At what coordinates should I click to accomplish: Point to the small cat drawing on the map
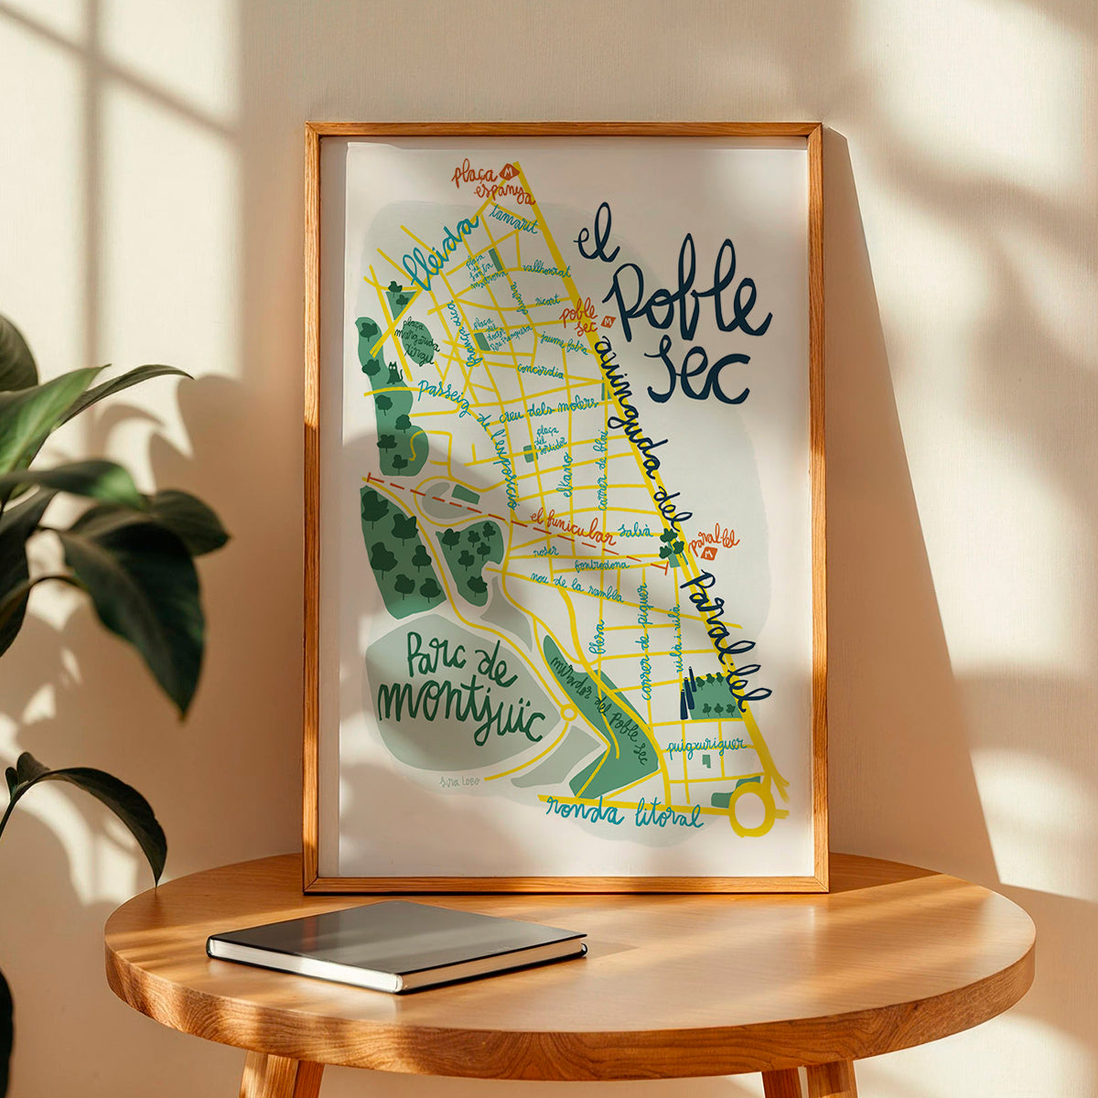[x=394, y=373]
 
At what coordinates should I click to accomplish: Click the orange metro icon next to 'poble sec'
[x=609, y=321]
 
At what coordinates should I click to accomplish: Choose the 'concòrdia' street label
[x=540, y=371]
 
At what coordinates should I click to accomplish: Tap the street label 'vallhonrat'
[x=546, y=269]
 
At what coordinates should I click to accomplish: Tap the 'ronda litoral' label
[x=624, y=812]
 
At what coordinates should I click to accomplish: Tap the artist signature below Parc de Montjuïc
[x=459, y=780]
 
